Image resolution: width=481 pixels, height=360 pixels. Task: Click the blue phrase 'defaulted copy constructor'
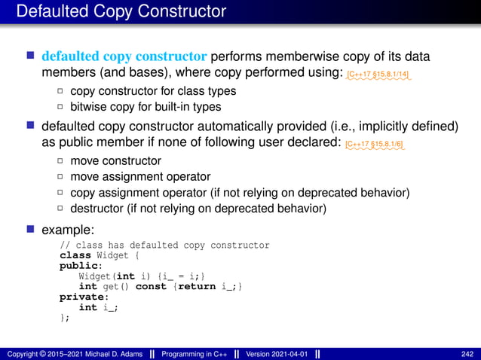(x=124, y=56)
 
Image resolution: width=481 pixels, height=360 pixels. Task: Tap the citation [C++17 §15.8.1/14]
(x=378, y=75)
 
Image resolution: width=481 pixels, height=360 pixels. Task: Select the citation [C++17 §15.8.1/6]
(x=375, y=143)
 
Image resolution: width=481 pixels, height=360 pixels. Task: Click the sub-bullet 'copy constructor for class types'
(x=152, y=90)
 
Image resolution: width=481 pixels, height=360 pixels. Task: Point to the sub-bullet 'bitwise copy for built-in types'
(x=145, y=107)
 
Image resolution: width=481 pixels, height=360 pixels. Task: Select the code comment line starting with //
(x=164, y=246)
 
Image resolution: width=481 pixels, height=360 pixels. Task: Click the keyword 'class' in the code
(x=74, y=255)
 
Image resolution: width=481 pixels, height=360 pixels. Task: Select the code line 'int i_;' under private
(x=98, y=307)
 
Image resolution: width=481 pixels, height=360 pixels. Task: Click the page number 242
(x=467, y=353)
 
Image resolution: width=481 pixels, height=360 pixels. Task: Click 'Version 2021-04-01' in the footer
(x=275, y=353)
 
